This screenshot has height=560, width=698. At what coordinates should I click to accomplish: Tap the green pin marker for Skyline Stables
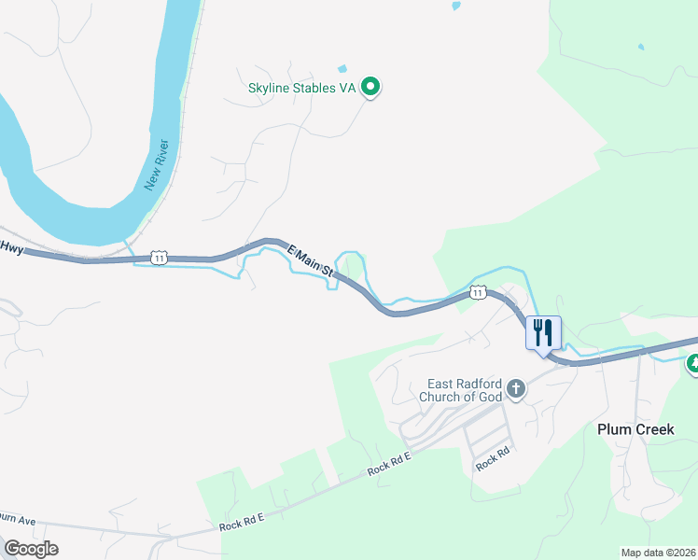(x=370, y=87)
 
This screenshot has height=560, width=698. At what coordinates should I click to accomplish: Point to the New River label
(x=157, y=165)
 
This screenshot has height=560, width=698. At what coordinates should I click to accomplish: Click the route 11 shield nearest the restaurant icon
(x=478, y=292)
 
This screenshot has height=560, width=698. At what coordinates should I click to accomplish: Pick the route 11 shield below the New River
(x=160, y=257)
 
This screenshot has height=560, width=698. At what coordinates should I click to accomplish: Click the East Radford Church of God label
(x=465, y=390)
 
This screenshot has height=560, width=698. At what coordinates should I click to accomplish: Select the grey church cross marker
(x=516, y=389)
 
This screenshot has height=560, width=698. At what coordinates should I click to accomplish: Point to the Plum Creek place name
(x=630, y=428)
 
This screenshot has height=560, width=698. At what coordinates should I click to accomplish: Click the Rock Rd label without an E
(x=492, y=458)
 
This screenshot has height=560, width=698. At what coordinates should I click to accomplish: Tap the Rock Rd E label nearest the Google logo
(x=243, y=523)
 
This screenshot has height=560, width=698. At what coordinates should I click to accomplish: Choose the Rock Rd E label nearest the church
(x=389, y=461)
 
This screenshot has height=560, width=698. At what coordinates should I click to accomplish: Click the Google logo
(x=31, y=548)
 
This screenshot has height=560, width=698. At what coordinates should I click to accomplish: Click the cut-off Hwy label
(x=10, y=247)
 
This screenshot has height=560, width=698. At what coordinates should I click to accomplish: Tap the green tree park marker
(x=692, y=364)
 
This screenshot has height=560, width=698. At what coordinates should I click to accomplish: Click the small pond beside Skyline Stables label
(x=342, y=68)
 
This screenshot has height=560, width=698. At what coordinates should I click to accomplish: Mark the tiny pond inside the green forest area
(x=640, y=46)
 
